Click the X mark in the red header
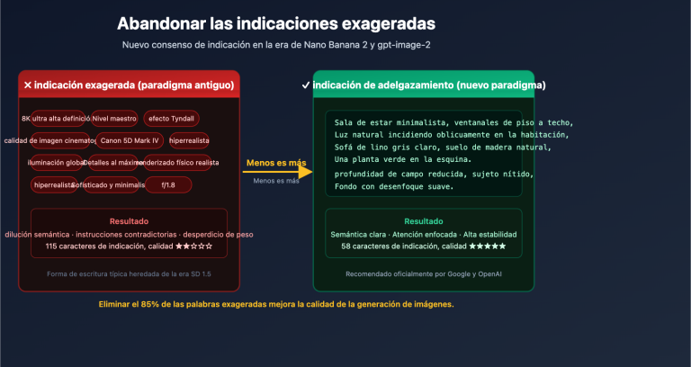pos(27,85)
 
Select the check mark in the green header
pos(307,85)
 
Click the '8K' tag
pos(26,119)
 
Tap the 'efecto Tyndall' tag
pos(171,119)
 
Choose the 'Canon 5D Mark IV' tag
pos(130,140)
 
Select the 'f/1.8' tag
pos(167,184)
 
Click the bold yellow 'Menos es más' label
pos(275,163)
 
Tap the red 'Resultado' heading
pos(129,220)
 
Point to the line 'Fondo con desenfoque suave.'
pos(393,187)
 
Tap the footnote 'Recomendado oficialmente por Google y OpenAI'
pos(423,273)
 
